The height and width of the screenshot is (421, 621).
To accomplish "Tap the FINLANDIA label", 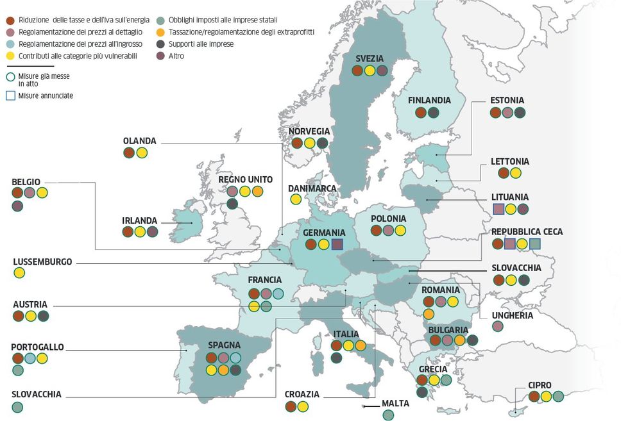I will point(429,101).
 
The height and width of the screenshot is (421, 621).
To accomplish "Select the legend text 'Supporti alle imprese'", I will point(201,44).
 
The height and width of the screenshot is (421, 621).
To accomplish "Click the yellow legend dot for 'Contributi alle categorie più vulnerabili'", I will point(8,56).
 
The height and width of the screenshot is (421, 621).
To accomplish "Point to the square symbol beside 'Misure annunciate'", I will point(10,95).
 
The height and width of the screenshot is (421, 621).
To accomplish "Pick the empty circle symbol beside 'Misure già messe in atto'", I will point(10,76).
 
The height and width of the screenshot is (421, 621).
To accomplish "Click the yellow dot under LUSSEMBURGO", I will point(19,273).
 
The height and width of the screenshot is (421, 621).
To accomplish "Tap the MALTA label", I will point(395,404).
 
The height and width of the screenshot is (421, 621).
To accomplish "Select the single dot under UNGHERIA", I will point(498,326).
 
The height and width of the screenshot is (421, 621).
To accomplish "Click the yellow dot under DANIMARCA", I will point(296,199).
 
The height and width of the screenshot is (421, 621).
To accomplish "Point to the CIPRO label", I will point(540,385).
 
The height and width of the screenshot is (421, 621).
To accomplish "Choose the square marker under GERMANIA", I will point(337,244).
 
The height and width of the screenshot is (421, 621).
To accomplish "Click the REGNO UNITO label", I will point(245,179).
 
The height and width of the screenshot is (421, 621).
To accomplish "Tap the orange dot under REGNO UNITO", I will point(257,191).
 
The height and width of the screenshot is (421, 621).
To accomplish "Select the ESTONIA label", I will point(507,101).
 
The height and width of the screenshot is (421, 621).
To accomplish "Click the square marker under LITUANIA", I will point(498,208).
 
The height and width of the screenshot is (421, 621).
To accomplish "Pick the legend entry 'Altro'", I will point(176,56).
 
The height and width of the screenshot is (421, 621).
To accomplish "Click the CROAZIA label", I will point(302,395).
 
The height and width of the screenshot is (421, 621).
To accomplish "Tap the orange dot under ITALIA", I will point(361,345).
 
